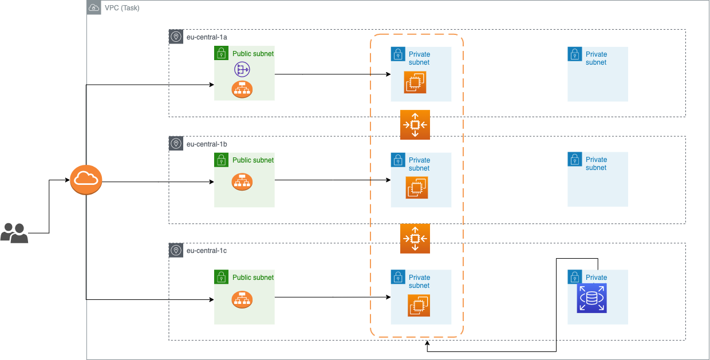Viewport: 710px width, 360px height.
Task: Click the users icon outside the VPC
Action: pos(14,233)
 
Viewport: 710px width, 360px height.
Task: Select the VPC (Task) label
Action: pos(122,8)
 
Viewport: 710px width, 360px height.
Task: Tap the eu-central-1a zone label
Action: pos(207,37)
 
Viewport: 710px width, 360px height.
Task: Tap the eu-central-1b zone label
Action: pos(207,144)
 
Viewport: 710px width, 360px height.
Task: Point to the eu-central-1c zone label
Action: pos(207,251)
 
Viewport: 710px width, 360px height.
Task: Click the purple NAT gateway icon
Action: pos(242,70)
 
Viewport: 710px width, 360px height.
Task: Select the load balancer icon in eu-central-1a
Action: pos(242,89)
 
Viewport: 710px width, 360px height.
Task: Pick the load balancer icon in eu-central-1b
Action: pos(242,181)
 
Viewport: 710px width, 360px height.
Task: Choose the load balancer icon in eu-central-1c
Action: pos(242,299)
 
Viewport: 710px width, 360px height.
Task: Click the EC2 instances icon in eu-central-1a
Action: pos(415,82)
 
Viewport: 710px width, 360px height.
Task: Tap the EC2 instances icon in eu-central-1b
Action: pos(417,188)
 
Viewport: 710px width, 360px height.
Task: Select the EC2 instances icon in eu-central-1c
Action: pos(419,305)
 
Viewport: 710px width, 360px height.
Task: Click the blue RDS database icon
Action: pos(591,298)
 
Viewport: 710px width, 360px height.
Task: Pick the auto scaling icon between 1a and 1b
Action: pos(415,125)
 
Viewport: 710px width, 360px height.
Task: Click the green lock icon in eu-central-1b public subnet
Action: pos(222,160)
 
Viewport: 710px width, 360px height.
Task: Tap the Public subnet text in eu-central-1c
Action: pos(253,278)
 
